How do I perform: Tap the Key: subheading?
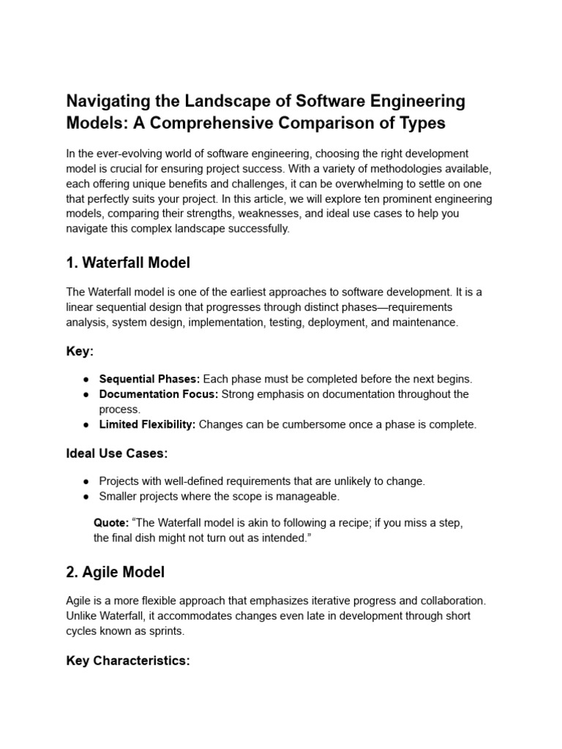tap(80, 352)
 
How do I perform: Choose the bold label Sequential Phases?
tap(149, 379)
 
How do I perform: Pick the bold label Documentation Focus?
tap(159, 394)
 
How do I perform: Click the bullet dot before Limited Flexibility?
tap(86, 425)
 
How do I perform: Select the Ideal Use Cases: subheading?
tap(117, 453)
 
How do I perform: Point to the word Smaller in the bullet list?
tap(119, 497)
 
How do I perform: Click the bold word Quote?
tap(111, 523)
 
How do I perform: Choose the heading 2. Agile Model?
tap(115, 571)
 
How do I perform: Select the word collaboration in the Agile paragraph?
tap(453, 600)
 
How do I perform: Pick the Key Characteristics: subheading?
tap(128, 660)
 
